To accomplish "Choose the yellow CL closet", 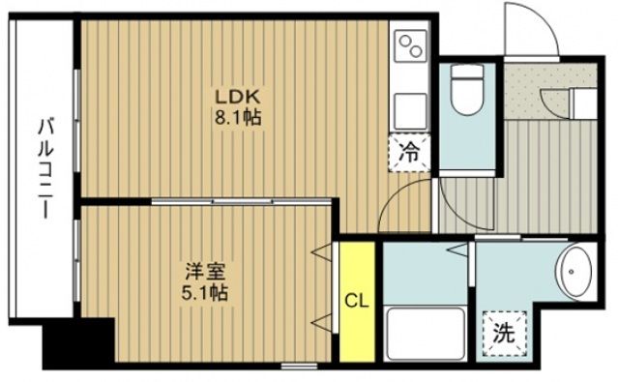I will click(357, 299).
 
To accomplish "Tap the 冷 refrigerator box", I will click(411, 153).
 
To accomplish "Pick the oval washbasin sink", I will click(577, 275).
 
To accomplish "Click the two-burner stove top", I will click(410, 46).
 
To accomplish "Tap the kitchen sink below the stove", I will click(410, 104).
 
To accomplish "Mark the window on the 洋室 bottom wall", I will click(298, 366).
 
